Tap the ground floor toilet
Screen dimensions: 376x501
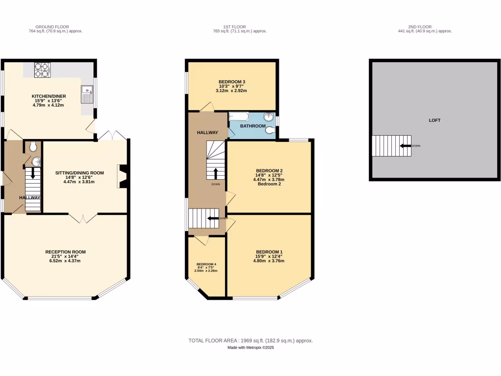pyautogui.click(x=33, y=146)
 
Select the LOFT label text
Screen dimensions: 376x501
pyautogui.click(x=434, y=120)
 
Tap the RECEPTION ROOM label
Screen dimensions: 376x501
pyautogui.click(x=66, y=252)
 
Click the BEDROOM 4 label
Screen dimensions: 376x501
pyautogui.click(x=206, y=264)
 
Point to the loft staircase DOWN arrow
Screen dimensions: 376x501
pyautogui.click(x=405, y=145)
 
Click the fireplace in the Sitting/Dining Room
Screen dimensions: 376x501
pyautogui.click(x=122, y=176)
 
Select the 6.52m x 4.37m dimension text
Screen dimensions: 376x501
pyautogui.click(x=66, y=261)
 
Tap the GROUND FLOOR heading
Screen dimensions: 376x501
pyautogui.click(x=52, y=26)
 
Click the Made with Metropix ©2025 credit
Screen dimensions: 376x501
pyautogui.click(x=250, y=348)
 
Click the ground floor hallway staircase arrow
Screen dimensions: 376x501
pyautogui.click(x=33, y=173)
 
